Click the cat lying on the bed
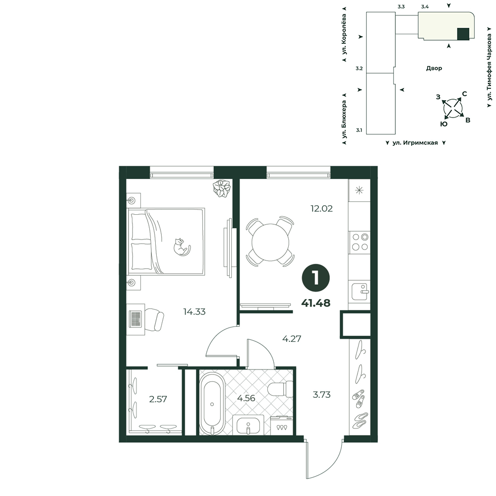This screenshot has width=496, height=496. (181, 247)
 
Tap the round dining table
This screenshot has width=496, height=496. (270, 243)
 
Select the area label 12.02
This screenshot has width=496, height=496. (321, 209)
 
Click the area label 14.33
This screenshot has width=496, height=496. (194, 312)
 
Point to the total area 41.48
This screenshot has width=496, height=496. (315, 303)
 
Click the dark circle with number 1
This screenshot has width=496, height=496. (316, 278)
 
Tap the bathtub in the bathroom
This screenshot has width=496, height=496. (212, 404)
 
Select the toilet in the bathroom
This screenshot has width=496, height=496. (280, 389)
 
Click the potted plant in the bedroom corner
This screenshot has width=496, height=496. (222, 188)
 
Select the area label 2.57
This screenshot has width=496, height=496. (158, 399)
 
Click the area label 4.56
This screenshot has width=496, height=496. (246, 398)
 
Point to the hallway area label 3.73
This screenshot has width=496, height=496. (321, 395)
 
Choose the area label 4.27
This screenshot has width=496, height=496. (292, 339)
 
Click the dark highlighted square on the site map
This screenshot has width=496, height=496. (463, 34)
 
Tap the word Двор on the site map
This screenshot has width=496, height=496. (434, 68)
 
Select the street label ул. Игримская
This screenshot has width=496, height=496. (415, 143)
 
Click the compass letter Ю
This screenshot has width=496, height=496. (444, 124)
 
